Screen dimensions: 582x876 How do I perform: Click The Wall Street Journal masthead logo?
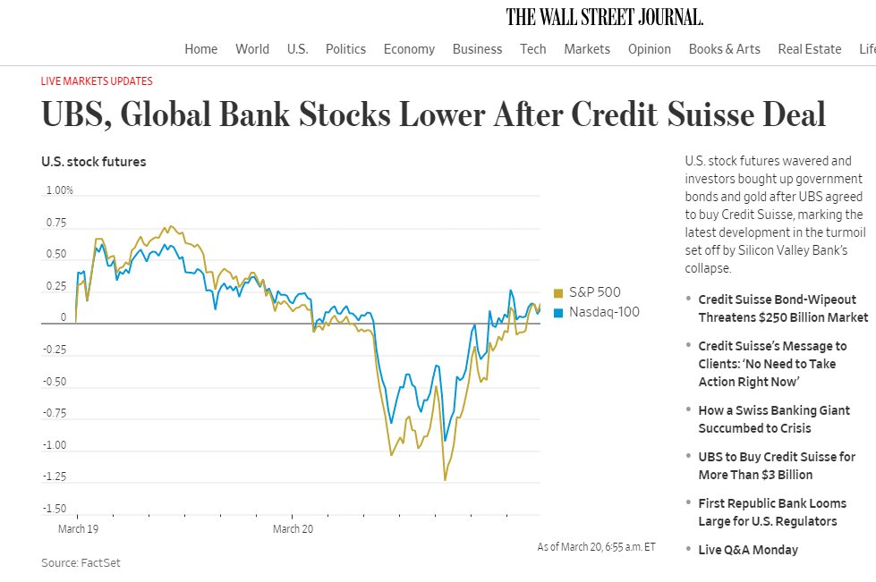[x=604, y=17]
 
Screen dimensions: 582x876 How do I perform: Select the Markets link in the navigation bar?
[x=587, y=49]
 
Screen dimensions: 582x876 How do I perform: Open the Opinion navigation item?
[x=649, y=49]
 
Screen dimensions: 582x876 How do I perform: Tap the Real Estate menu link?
[x=809, y=49]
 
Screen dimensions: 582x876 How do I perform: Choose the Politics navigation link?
[x=345, y=49]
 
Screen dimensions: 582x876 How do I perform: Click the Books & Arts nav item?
[x=724, y=49]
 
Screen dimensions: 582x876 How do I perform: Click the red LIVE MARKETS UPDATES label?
[x=97, y=80]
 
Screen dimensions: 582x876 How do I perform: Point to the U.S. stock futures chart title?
[x=93, y=162]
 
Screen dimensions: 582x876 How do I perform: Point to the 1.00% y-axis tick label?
[x=59, y=190]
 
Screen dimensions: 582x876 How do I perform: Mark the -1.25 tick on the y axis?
[x=55, y=477]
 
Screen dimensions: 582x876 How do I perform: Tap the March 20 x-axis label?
[x=293, y=529]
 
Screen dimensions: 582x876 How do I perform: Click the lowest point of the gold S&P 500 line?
[x=445, y=480]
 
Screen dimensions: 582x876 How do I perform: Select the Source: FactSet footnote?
[x=81, y=563]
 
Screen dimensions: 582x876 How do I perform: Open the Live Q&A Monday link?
[x=748, y=550]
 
